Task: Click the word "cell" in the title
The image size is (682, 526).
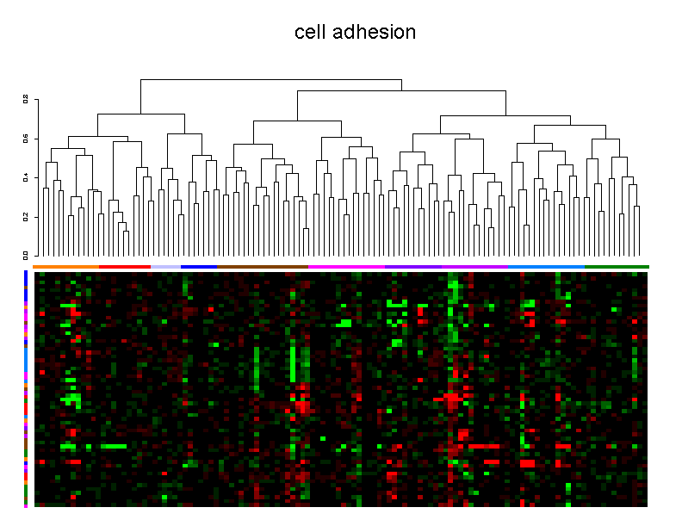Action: [x=310, y=33]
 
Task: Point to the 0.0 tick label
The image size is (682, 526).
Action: [x=26, y=255]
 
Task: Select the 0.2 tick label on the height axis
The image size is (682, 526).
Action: [x=26, y=216]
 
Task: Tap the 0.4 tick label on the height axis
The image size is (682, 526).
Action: [x=26, y=177]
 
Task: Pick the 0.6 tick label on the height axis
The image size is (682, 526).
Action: [x=26, y=139]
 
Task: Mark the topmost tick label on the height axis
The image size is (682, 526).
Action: [x=26, y=100]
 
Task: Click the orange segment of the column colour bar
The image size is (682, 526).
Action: [x=66, y=267]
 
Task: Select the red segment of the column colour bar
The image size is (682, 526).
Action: [x=125, y=267]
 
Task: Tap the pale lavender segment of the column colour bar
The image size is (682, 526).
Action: [x=165, y=267]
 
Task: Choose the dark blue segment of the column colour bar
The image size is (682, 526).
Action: [x=199, y=267]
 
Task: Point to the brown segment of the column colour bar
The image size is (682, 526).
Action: [x=262, y=267]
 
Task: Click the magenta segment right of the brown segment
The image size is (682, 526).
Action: [x=346, y=267]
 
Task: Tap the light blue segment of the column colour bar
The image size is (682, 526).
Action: [x=546, y=267]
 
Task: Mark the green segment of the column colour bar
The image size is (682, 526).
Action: [x=617, y=267]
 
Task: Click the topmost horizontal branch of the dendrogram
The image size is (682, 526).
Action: [x=271, y=79]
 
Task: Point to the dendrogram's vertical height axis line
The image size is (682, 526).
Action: [x=34, y=177]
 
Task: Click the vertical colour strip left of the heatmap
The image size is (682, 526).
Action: [x=26, y=387]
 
